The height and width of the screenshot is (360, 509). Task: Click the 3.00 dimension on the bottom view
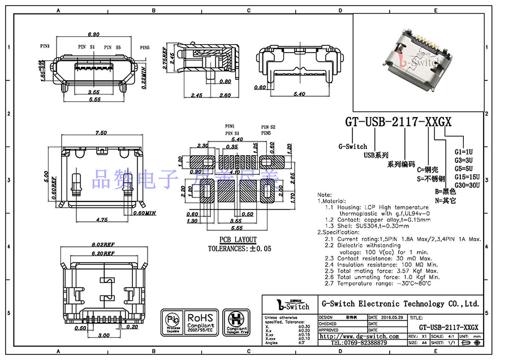[x=103, y=336]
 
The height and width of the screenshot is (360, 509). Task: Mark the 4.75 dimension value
[x=102, y=218]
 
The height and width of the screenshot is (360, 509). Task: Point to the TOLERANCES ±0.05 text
[x=239, y=248]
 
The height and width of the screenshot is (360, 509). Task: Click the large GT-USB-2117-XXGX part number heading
[x=398, y=122]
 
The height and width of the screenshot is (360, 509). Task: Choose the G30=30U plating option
[x=467, y=185]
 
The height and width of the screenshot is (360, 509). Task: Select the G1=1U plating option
[x=463, y=152]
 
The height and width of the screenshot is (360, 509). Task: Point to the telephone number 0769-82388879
[x=359, y=342]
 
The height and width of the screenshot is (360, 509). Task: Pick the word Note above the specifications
[x=325, y=194]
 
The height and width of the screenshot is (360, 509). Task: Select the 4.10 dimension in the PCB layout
[x=234, y=171]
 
